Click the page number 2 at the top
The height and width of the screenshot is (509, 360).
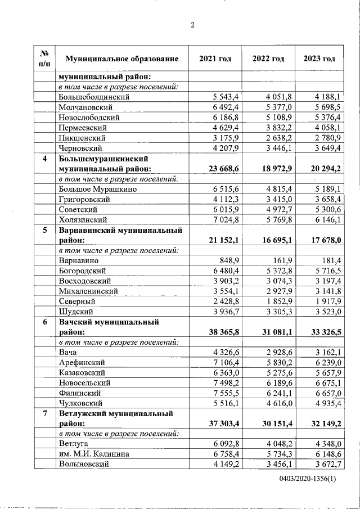click(192, 25)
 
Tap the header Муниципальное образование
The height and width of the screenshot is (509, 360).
click(121, 58)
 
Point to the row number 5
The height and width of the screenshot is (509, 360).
click(44, 230)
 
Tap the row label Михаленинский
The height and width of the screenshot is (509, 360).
click(88, 291)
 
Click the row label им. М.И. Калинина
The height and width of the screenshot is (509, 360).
click(92, 453)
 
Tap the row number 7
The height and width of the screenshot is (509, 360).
click(44, 413)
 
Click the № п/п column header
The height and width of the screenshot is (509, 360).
click(44, 58)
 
